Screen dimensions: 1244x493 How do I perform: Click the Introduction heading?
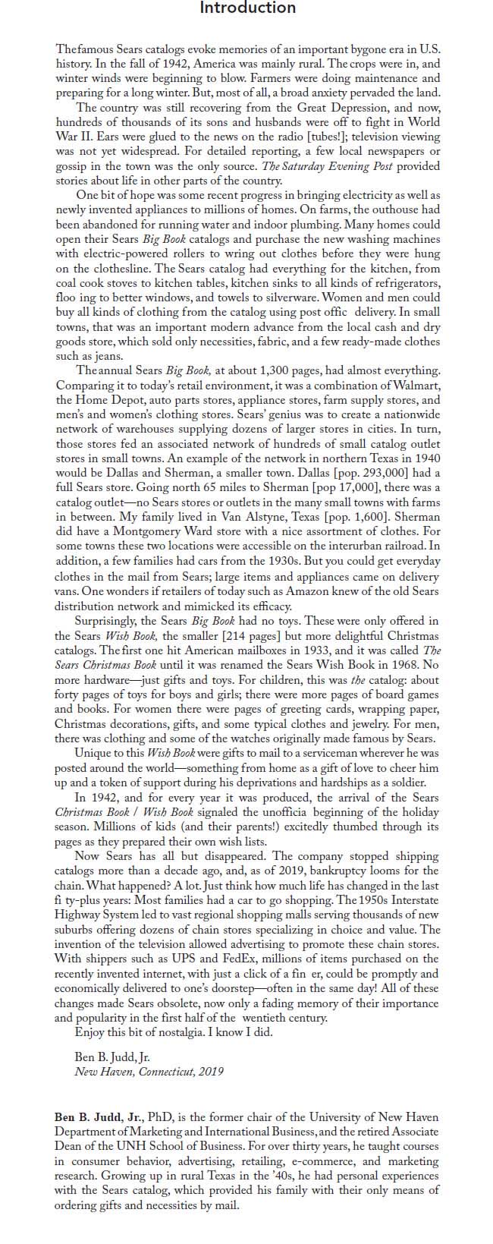tap(247, 8)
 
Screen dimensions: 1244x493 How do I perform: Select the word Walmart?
tap(415, 384)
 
